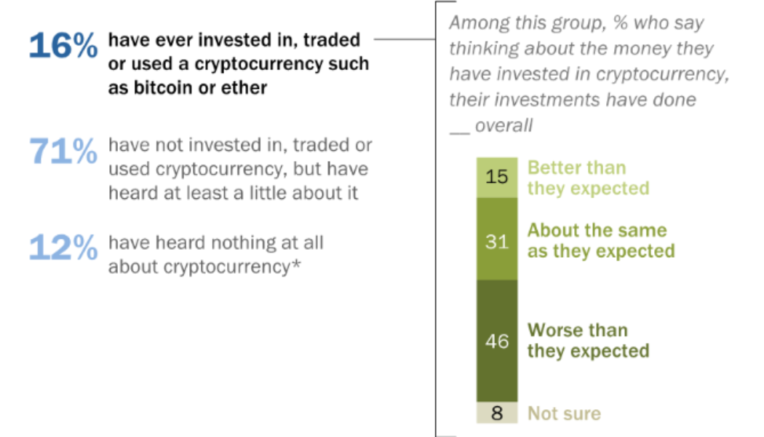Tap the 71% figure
point(63,151)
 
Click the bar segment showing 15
point(496,178)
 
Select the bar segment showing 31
point(496,240)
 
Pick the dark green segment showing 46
point(496,340)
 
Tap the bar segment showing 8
point(496,413)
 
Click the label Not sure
point(564,414)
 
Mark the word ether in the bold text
point(247,87)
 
